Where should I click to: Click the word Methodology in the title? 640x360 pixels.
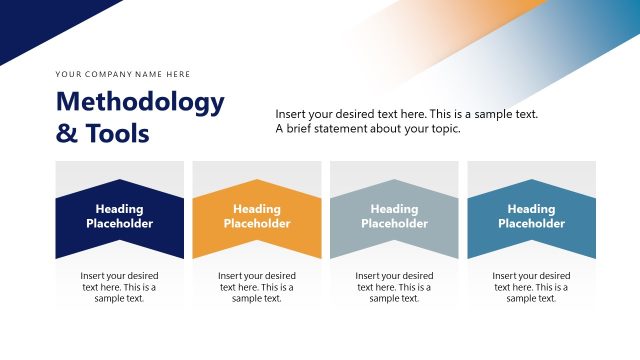140,102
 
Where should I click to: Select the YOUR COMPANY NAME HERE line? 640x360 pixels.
123,74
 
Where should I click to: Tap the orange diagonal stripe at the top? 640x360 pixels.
470,30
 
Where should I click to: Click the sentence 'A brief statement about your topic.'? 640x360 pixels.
368,129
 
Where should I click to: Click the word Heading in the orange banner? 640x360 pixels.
257,209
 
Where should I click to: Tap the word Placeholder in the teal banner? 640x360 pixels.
531,224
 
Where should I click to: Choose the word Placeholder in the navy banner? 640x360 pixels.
120,224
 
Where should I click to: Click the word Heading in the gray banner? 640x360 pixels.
394,209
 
